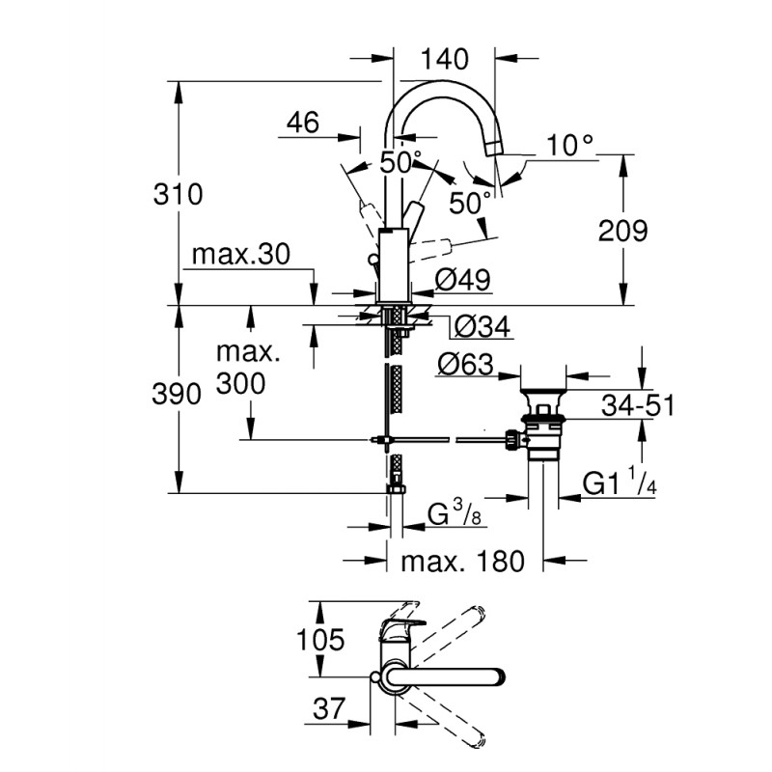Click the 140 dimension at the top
(444, 59)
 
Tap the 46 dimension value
(303, 123)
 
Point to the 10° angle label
(569, 146)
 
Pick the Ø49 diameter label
(463, 280)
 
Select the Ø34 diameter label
(480, 327)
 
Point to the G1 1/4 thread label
(620, 483)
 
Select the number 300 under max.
(241, 383)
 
